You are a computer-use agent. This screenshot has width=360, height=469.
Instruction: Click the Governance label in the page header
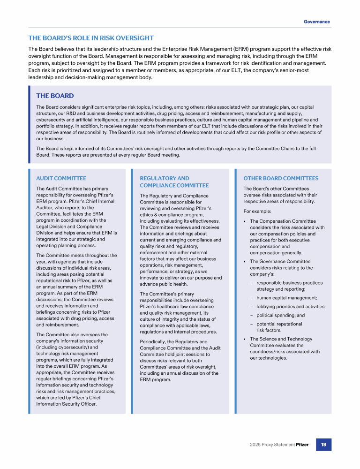pos(316,22)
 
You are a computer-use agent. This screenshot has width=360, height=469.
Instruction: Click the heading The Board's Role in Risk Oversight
pos(91,38)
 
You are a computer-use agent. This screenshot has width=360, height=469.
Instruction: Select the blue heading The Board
pos(55,96)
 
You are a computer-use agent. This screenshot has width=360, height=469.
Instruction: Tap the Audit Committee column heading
pos(61,178)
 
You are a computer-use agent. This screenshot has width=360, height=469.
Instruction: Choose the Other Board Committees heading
pos(281,178)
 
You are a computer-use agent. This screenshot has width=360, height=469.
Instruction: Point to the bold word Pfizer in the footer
pos(302,445)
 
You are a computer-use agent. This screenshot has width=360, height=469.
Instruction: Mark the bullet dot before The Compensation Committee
pos(245,221)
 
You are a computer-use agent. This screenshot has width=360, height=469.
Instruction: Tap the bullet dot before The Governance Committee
pos(245,262)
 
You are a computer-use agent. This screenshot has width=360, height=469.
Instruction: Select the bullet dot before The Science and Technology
pos(245,339)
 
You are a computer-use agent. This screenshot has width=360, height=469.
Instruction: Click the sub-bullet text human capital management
pos(287,298)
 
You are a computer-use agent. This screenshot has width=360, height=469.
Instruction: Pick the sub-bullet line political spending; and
pos(281,316)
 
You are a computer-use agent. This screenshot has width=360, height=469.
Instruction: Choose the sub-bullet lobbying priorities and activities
pos(291,307)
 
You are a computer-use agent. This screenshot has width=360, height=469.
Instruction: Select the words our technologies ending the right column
pos(269,358)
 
